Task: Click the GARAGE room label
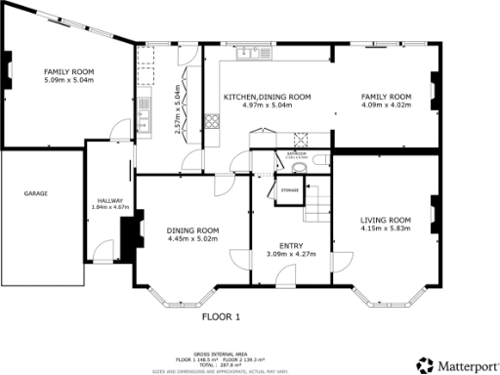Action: point(36,193)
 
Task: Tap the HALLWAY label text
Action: point(102,200)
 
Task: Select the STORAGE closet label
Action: point(290,189)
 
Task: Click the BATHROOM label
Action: point(297,153)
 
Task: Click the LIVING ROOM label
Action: point(386,220)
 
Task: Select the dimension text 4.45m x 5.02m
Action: point(190,238)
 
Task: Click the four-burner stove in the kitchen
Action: point(210,122)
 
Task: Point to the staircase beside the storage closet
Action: point(318,204)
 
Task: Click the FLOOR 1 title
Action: point(221,316)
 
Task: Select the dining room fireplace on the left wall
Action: point(126,233)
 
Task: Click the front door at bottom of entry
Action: point(291,284)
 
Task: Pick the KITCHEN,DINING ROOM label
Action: point(267,97)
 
